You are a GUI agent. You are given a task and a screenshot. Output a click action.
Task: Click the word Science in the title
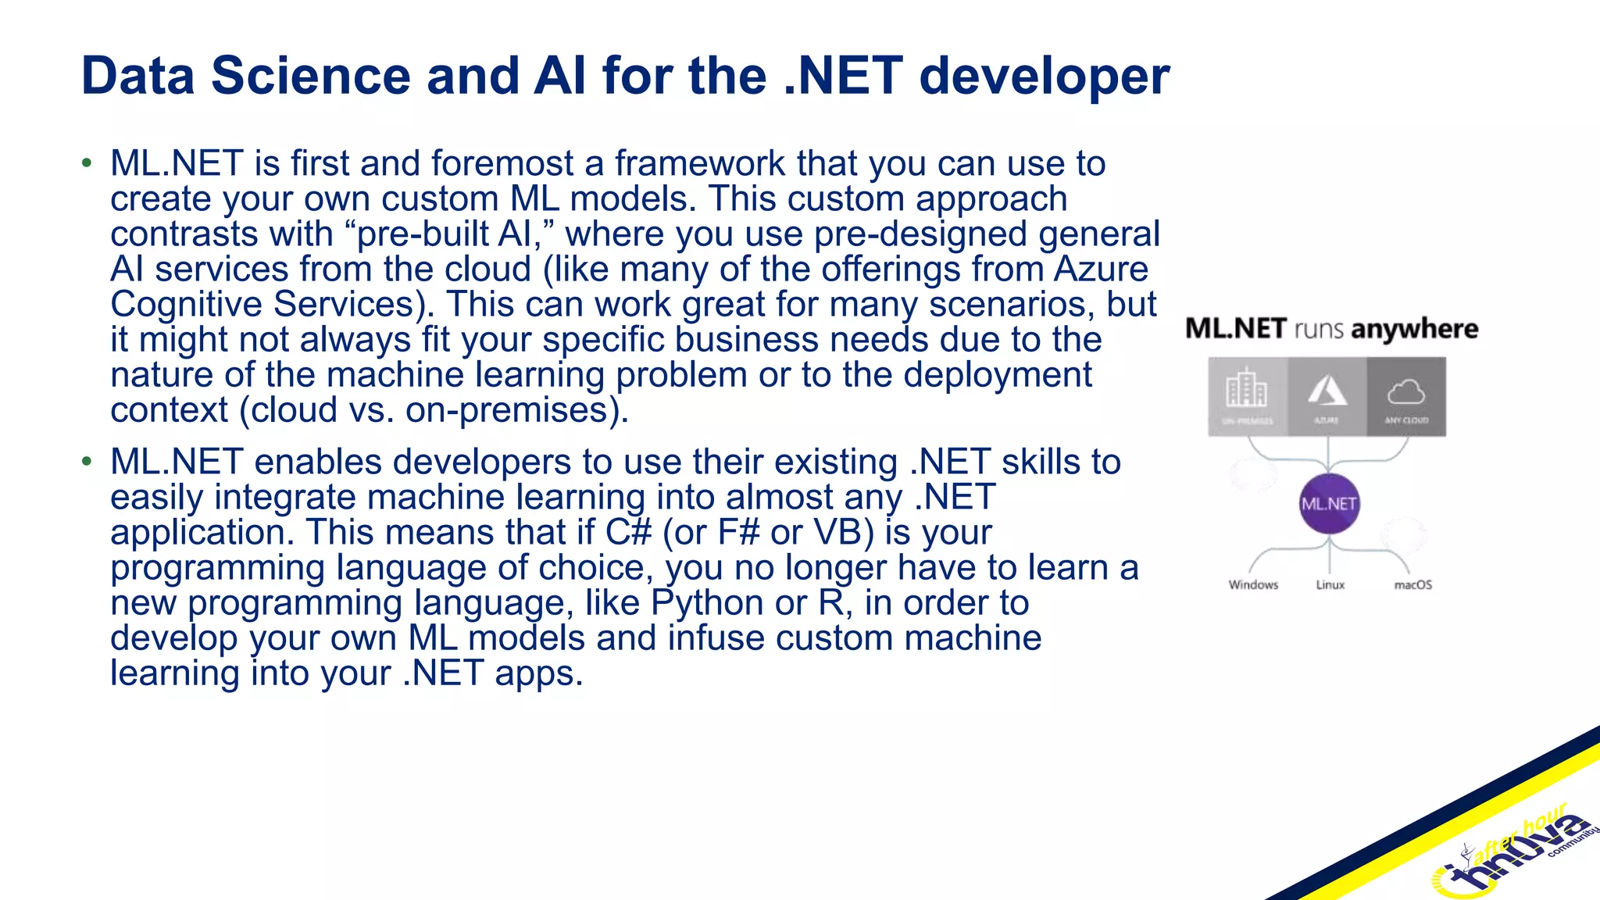(x=310, y=76)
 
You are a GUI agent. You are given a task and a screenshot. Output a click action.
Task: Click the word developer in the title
(x=1044, y=76)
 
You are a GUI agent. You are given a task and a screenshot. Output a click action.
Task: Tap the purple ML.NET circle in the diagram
(x=1328, y=504)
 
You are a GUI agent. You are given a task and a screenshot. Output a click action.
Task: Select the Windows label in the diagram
(x=1253, y=584)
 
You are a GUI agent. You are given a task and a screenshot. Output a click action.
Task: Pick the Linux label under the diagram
(x=1330, y=584)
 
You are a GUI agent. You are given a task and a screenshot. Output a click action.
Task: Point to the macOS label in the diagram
(x=1412, y=584)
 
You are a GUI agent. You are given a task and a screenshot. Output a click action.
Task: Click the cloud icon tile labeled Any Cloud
(x=1406, y=396)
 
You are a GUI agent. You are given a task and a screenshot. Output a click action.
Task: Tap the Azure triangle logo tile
(x=1327, y=396)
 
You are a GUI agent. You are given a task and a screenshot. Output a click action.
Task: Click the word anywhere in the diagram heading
(x=1414, y=329)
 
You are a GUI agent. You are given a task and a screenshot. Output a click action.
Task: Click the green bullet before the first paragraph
(x=87, y=163)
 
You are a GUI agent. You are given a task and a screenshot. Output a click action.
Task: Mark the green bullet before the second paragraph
(x=87, y=462)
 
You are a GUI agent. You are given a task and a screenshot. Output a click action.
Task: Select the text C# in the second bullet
(x=628, y=532)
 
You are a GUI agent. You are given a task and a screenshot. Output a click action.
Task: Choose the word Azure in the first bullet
(x=1101, y=269)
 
